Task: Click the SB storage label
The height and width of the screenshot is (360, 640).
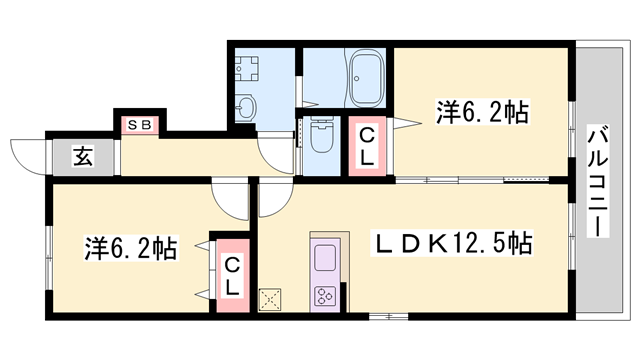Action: point(140,124)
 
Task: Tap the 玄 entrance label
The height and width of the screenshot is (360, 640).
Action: point(83,157)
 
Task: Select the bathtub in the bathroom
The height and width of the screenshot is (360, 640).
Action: point(367,78)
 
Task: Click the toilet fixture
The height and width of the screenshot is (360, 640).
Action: point(321,134)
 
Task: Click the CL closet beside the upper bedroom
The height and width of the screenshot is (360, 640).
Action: point(367,146)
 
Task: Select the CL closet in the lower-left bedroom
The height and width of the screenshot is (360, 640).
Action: point(232,276)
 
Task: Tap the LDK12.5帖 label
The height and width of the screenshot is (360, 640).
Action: point(451,243)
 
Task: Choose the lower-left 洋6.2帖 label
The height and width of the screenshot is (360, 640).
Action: point(131,248)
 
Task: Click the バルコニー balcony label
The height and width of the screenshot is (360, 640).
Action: point(598,181)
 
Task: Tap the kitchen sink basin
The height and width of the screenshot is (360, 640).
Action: point(325,258)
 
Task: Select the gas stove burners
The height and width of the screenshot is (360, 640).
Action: point(325,296)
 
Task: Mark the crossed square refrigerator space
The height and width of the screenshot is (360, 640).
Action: point(270,300)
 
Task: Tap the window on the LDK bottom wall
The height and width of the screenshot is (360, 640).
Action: point(388,316)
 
